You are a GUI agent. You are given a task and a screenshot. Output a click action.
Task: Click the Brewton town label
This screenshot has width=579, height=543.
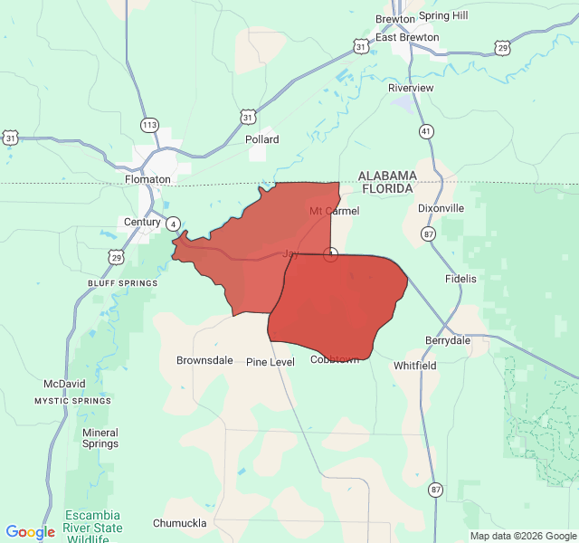click(395, 18)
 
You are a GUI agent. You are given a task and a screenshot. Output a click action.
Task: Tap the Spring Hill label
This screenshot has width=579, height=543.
click(443, 15)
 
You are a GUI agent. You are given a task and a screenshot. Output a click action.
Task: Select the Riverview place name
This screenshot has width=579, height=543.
click(411, 88)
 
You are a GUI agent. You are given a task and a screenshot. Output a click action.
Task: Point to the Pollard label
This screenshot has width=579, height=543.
click(262, 139)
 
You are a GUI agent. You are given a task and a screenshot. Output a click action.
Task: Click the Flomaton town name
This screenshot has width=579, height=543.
click(147, 179)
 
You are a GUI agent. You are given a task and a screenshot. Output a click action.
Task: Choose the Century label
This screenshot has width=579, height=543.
click(142, 222)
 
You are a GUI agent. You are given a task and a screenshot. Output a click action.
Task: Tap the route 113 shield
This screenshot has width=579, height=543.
click(150, 124)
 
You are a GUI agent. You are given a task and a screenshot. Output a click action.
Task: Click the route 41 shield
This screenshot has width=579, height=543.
click(425, 131)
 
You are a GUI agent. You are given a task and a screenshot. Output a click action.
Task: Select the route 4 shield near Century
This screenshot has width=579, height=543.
click(173, 223)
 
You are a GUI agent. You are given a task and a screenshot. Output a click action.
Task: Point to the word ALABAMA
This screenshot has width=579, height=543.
click(387, 175)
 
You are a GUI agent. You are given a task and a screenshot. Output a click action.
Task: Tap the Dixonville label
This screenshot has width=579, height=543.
click(441, 208)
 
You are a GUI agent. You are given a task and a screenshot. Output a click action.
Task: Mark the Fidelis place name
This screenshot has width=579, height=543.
click(460, 279)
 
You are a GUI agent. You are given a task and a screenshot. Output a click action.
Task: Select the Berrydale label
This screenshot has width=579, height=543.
click(448, 340)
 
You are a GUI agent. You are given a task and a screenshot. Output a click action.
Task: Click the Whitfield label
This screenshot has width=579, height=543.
click(415, 366)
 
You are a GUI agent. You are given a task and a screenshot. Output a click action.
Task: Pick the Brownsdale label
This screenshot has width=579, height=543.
click(204, 360)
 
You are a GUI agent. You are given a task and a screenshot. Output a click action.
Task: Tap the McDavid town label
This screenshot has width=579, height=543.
click(64, 384)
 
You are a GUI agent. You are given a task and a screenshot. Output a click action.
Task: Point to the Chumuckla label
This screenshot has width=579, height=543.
click(180, 523)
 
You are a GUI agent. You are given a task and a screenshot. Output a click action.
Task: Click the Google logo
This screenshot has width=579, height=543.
click(30, 532)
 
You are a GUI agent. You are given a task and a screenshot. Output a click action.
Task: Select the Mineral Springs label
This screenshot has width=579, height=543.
click(100, 438)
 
